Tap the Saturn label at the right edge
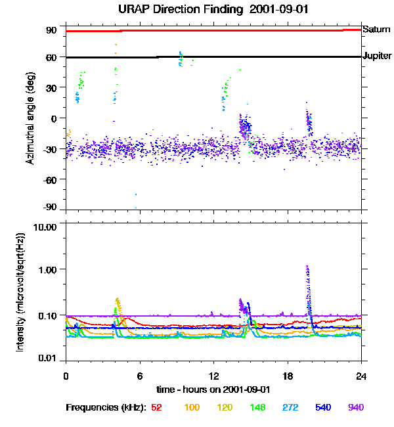point(376,30)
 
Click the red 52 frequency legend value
point(156,408)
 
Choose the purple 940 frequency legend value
point(356,408)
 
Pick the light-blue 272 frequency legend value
point(289,408)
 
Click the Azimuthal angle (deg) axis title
point(30,118)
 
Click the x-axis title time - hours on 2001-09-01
point(213,389)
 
